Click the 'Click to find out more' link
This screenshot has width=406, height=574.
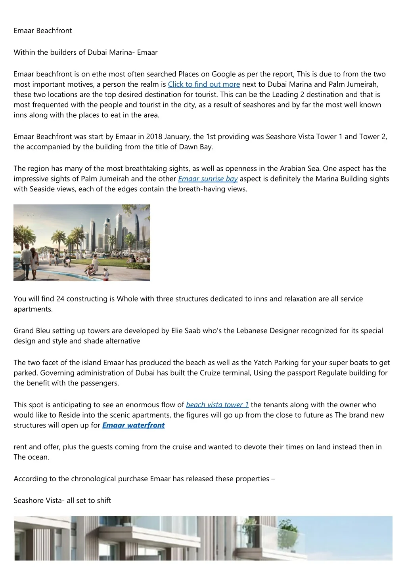pos(204,84)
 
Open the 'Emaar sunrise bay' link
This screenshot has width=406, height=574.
pos(208,179)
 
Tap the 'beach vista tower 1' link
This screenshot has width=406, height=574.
pos(217,405)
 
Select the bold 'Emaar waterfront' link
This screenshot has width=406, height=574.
pos(133,425)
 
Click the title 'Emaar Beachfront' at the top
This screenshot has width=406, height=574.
pos(43,31)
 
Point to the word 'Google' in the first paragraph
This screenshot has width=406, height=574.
pos(224,74)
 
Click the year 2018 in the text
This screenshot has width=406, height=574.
pos(154,137)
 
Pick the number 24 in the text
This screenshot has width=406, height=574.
pos(60,299)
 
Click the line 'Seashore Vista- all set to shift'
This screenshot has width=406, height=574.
pos(62,501)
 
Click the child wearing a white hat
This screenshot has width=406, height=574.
pos(105,273)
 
